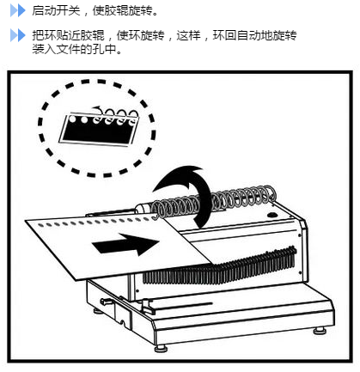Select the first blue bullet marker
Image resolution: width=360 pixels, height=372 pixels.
tap(16, 11)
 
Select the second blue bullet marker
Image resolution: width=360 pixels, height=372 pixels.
tap(16, 36)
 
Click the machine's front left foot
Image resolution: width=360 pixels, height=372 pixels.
tap(161, 347)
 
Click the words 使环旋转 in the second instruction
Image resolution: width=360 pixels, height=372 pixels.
tap(156, 36)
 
